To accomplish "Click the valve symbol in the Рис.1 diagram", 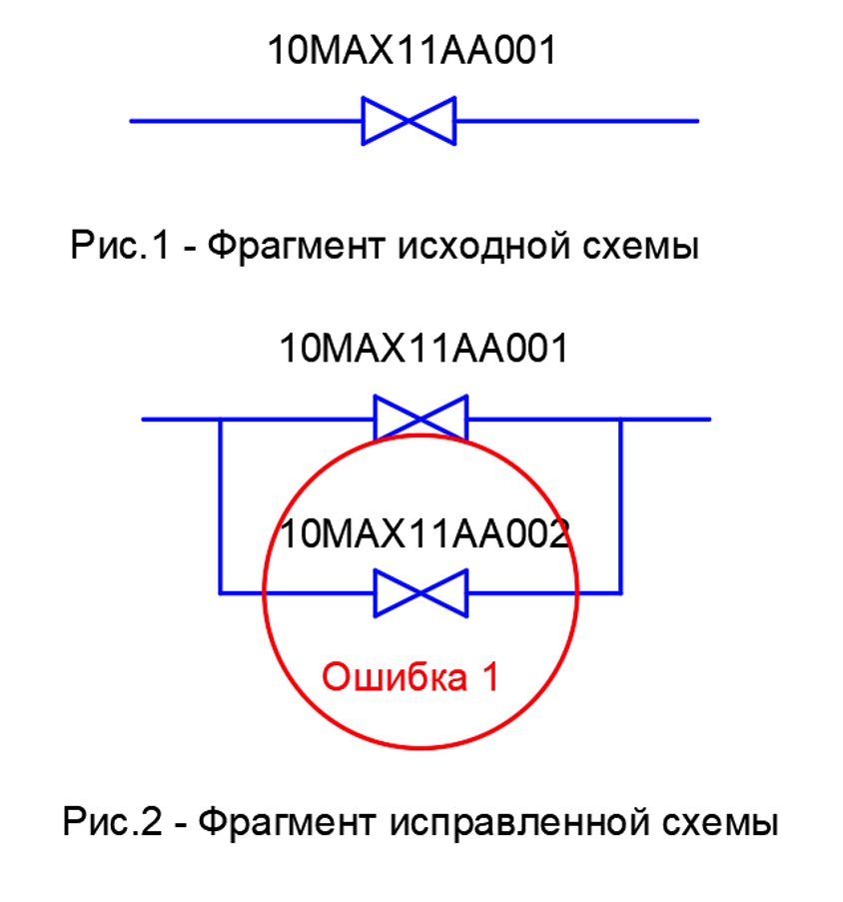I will [x=409, y=121].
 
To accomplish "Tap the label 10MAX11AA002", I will [x=424, y=534].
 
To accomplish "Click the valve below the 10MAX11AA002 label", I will [x=421, y=593].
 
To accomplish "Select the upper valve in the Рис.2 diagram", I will [x=421, y=419].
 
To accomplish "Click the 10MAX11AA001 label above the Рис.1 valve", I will [x=411, y=51].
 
